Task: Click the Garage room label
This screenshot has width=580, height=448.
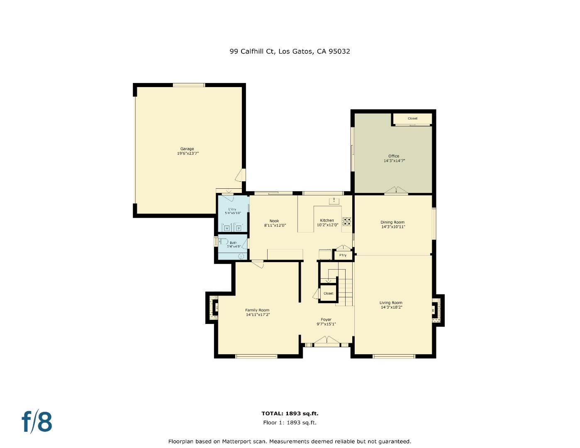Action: (187, 149)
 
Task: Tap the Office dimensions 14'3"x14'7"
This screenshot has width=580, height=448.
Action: (394, 161)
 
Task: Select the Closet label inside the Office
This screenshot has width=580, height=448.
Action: (412, 119)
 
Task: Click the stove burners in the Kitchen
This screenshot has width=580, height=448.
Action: (347, 222)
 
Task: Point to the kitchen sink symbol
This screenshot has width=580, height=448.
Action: (334, 201)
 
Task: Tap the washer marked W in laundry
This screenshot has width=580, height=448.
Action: (227, 228)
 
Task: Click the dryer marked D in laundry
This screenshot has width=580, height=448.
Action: (239, 228)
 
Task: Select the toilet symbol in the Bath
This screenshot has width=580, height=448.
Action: (241, 256)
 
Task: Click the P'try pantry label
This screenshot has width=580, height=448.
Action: (343, 255)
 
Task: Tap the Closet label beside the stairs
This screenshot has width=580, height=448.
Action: (328, 293)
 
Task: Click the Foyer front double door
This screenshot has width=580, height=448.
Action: (327, 341)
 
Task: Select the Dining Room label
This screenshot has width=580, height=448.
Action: (392, 222)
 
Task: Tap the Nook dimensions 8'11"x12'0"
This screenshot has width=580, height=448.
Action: (275, 226)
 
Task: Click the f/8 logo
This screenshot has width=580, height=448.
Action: (37, 421)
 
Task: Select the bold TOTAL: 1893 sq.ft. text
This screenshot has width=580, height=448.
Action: (290, 413)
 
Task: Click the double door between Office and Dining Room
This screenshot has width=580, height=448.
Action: (396, 190)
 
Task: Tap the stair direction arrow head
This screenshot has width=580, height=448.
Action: (328, 281)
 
